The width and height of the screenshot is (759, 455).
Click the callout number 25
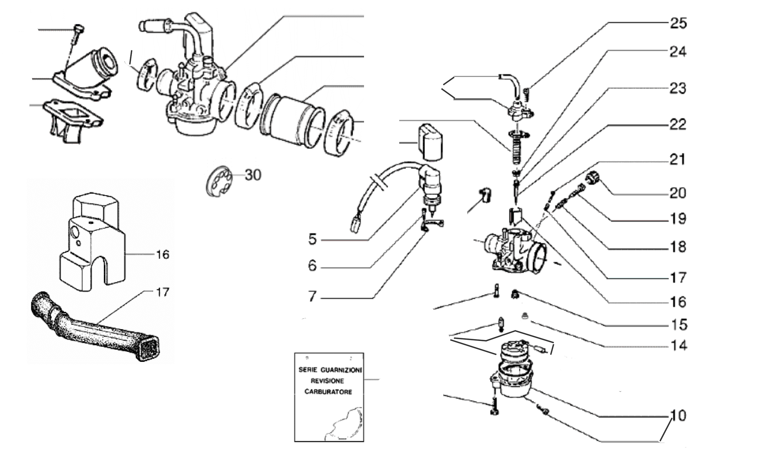678,23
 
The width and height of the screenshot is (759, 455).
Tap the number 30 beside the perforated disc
253,175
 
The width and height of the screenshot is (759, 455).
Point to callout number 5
312,239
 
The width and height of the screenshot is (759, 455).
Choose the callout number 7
312,296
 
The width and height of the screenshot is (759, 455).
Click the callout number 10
678,416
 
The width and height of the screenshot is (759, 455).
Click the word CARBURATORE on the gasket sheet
328,392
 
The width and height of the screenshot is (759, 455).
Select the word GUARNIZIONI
341,370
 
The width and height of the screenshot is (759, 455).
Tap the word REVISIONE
327,381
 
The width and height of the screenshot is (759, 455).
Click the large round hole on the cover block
75,233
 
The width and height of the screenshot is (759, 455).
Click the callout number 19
678,219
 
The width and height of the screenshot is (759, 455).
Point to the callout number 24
678,52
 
